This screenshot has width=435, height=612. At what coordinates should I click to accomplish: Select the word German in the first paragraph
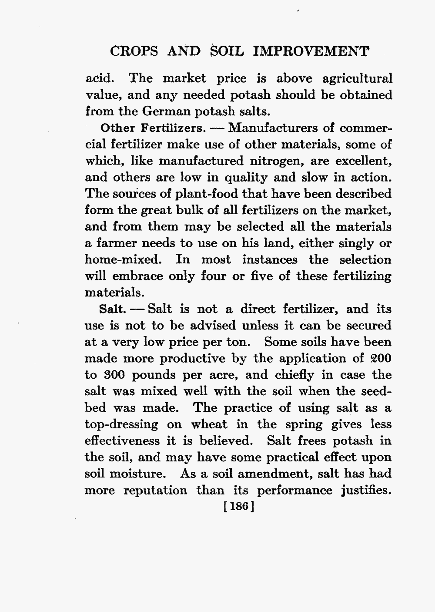(164, 111)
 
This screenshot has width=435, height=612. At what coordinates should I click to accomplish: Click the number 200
(381, 359)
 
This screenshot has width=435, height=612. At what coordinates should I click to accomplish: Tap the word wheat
(210, 424)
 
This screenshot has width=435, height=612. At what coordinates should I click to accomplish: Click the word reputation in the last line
(155, 491)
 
